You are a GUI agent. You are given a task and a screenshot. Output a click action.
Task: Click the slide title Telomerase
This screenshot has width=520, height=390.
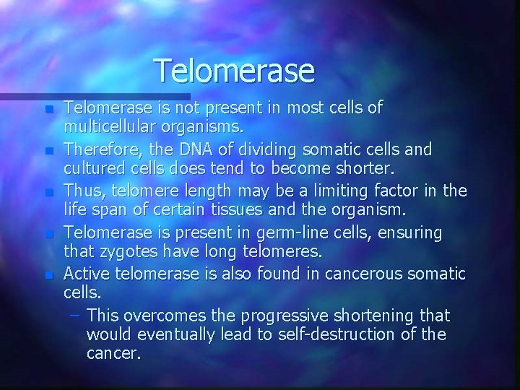point(235,70)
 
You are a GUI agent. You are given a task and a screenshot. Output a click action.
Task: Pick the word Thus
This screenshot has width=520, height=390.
point(80,191)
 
